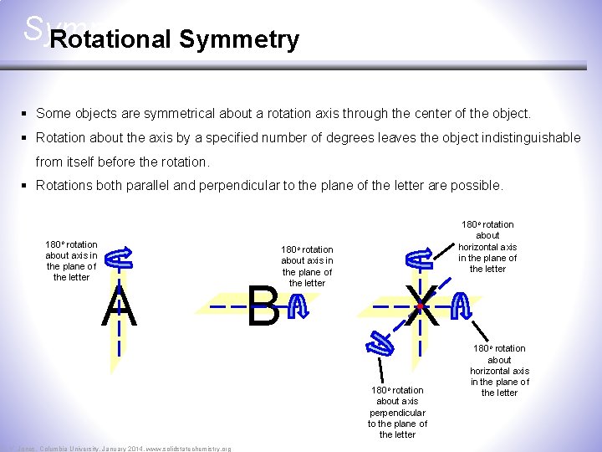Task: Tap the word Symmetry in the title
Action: pos(238,39)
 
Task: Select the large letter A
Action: pos(119,307)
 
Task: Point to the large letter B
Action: pos(263,308)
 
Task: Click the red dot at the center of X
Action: pos(420,307)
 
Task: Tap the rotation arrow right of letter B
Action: pos(296,309)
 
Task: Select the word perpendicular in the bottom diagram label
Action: pos(397,413)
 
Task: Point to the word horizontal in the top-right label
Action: pos(487,247)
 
